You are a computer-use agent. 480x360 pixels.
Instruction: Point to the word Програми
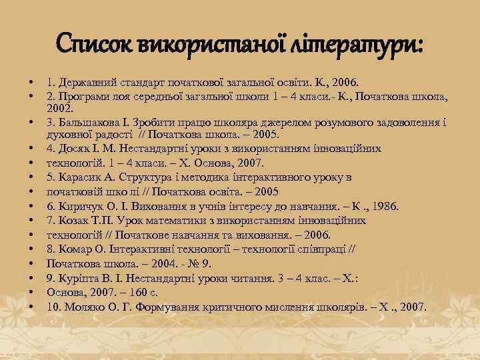coord(84,97)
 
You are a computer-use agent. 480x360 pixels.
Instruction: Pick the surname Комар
coord(77,249)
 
